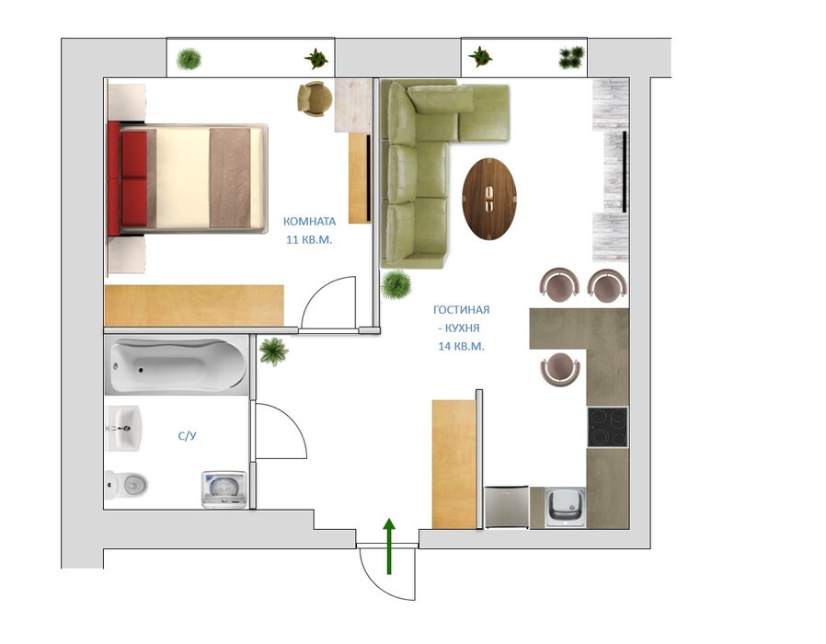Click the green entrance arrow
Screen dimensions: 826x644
pyautogui.click(x=389, y=546)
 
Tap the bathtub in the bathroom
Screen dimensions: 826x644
pyautogui.click(x=177, y=366)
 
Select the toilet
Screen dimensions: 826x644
pyautogui.click(x=126, y=484)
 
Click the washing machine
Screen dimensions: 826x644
pyautogui.click(x=224, y=489)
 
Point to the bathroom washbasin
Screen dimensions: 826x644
pyautogui.click(x=124, y=429)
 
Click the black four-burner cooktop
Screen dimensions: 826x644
pyautogui.click(x=608, y=428)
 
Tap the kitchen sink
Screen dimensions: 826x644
pyautogui.click(x=565, y=508)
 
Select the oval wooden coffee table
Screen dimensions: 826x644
pyautogui.click(x=488, y=200)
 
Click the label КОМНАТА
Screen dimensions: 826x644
pyautogui.click(x=309, y=222)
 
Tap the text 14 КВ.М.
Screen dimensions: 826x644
pyautogui.click(x=461, y=346)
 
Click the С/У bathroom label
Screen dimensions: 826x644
pyautogui.click(x=187, y=436)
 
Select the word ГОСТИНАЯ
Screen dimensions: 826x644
pyautogui.click(x=461, y=310)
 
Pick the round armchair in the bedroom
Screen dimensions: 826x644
pyautogui.click(x=315, y=98)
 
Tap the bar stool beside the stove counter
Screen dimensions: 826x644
pyautogui.click(x=559, y=369)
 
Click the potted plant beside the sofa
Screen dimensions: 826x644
pyautogui.click(x=396, y=284)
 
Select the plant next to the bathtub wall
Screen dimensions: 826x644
pyautogui.click(x=273, y=351)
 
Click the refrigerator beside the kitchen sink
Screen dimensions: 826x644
pyautogui.click(x=506, y=507)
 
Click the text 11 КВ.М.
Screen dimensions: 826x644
pyautogui.click(x=309, y=240)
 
